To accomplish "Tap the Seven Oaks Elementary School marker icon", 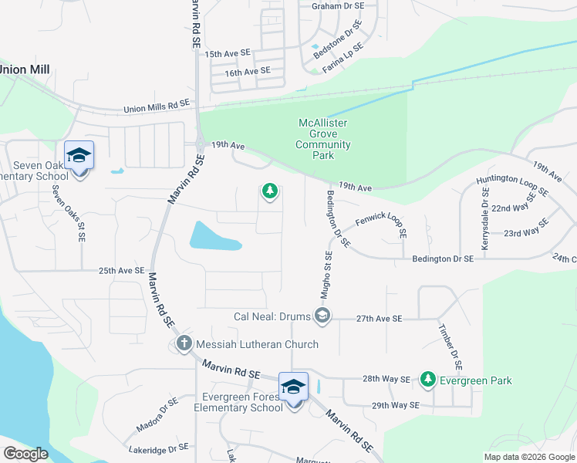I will (79, 157).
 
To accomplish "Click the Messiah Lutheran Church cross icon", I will (184, 344).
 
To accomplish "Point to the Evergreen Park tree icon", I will (428, 380).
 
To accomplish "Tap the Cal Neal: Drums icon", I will (322, 316).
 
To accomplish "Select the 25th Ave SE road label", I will (121, 271).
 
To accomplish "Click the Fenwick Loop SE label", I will (380, 224).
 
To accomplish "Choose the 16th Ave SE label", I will (247, 71).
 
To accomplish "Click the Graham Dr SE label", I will (337, 5).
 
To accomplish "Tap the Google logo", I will (25, 454).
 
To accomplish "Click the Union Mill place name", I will (25, 69).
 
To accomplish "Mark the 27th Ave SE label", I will (379, 318).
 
